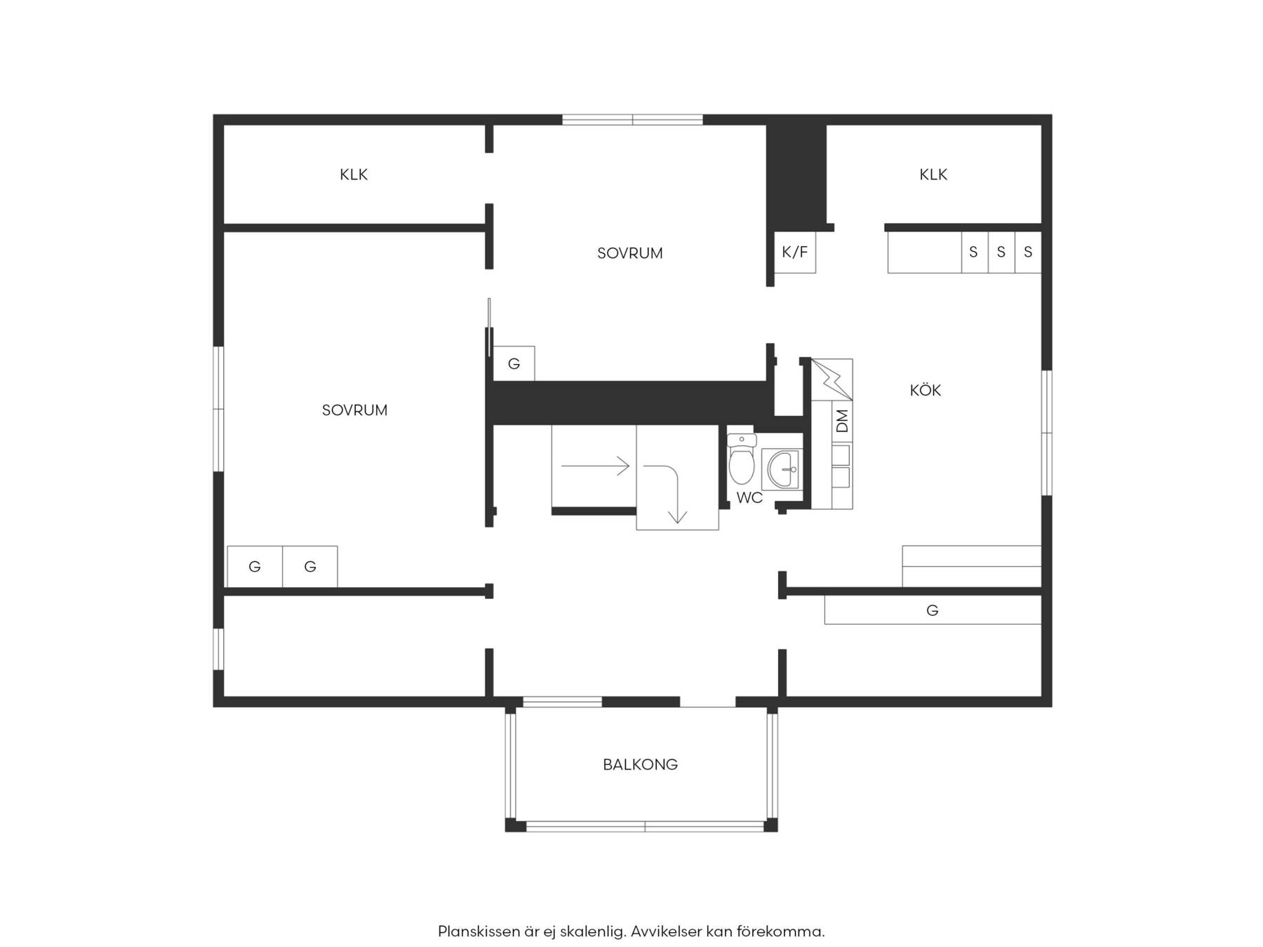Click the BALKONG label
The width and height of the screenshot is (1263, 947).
click(x=640, y=765)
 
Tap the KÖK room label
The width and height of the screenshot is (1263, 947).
click(x=925, y=390)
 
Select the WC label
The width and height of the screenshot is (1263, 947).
click(x=749, y=498)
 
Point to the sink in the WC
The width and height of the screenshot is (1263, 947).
click(x=781, y=469)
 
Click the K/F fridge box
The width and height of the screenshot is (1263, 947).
click(x=795, y=252)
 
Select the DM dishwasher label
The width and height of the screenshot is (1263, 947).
click(x=843, y=420)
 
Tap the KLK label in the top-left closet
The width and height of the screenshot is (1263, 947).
click(x=354, y=174)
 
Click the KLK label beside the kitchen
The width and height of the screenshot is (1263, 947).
click(x=933, y=174)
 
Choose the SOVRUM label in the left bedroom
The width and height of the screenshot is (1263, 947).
click(x=354, y=410)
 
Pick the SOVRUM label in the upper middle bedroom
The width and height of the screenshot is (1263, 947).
click(x=629, y=253)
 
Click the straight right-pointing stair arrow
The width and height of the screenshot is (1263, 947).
click(x=595, y=465)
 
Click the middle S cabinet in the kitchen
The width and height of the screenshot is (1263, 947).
click(x=1001, y=252)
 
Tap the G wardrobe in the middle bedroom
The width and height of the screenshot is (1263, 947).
click(x=514, y=363)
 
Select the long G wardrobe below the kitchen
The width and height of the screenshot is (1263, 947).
click(x=933, y=610)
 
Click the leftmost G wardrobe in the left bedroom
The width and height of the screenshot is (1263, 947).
click(x=255, y=567)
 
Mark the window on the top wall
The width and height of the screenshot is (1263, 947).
click(x=632, y=120)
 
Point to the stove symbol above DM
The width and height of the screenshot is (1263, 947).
click(x=832, y=380)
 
